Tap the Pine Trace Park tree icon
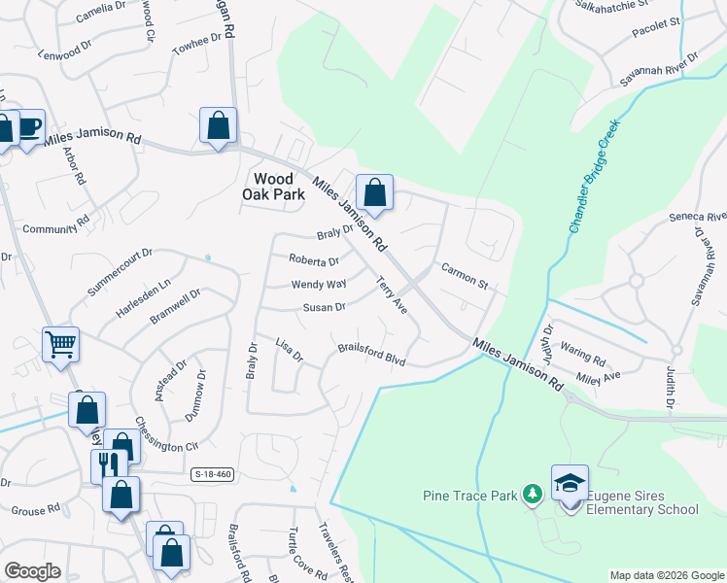(x=532, y=495)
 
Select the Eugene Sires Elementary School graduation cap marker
(x=570, y=483)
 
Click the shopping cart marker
(x=60, y=343)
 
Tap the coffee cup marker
(x=28, y=126)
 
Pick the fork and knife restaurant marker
(x=108, y=464)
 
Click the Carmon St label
(x=464, y=275)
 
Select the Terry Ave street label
(x=392, y=294)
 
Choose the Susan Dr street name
(x=325, y=307)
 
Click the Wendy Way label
(x=319, y=284)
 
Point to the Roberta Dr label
(x=313, y=260)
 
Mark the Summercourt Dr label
(x=120, y=272)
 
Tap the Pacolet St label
(x=658, y=47)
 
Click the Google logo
(x=32, y=571)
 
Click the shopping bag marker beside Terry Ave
(x=373, y=190)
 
